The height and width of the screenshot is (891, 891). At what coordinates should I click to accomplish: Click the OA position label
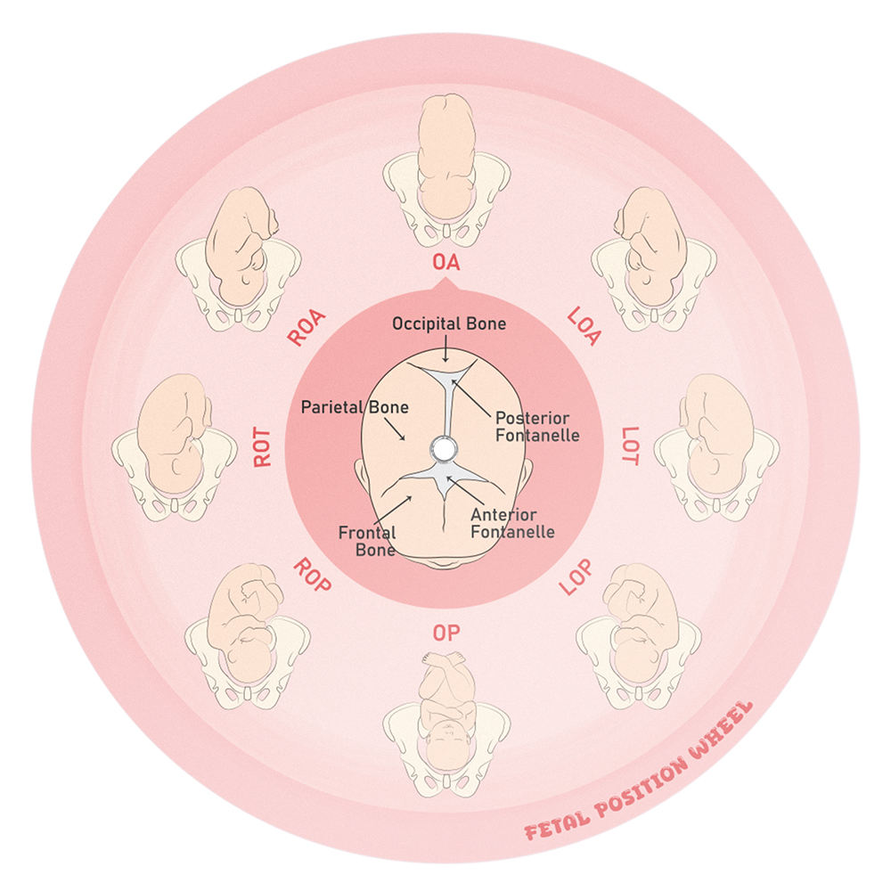click(x=445, y=263)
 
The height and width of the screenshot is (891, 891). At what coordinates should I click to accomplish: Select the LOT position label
click(x=630, y=445)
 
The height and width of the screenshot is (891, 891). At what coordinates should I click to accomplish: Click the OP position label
click(x=445, y=634)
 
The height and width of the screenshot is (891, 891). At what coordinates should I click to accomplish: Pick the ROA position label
click(x=307, y=327)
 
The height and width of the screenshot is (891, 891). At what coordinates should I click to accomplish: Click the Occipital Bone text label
click(x=449, y=324)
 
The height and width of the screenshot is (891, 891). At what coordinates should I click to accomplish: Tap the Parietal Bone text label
click(x=355, y=407)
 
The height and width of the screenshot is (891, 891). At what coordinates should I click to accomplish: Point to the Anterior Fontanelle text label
click(x=528, y=524)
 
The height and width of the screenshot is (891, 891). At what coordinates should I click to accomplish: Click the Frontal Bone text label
click(x=367, y=541)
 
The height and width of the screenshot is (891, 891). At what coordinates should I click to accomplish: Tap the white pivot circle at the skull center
click(x=441, y=447)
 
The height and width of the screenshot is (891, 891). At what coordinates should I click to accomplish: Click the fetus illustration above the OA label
click(x=445, y=169)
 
